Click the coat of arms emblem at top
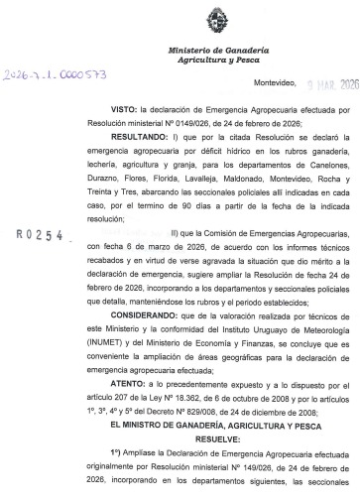(x=214, y=20)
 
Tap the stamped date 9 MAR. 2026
(x=328, y=85)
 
